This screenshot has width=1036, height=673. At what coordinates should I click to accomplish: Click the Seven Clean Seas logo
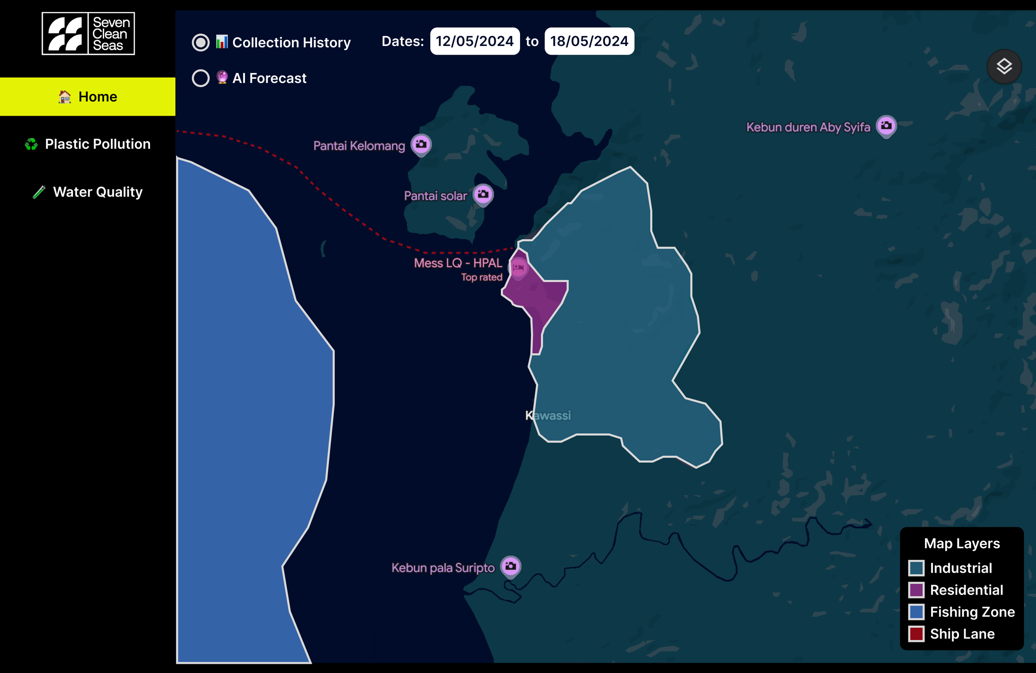point(88,34)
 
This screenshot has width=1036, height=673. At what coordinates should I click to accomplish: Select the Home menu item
point(87,97)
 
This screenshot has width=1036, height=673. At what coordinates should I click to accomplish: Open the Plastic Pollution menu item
point(87,144)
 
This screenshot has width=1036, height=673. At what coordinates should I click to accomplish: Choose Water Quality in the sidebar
point(87,192)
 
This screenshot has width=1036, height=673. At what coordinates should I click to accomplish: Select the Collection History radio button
point(201,42)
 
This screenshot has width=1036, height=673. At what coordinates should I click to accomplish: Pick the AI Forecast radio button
point(201,78)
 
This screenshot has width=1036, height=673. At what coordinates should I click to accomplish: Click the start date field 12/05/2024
point(474,41)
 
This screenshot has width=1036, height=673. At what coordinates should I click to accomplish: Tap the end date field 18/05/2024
point(589,41)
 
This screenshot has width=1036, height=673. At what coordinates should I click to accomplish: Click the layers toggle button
point(1004,67)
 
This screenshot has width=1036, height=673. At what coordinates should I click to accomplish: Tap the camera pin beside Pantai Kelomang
point(421,144)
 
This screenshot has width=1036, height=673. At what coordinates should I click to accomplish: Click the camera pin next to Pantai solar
point(483,194)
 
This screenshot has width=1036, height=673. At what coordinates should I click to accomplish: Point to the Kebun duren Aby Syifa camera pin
point(886,126)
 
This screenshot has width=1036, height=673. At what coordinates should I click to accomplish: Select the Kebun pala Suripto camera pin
point(511,566)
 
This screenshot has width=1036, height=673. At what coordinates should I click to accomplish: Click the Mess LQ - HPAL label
point(458,263)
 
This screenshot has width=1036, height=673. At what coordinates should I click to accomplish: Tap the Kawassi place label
point(548,415)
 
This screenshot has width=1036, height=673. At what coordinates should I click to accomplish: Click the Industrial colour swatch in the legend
point(916,568)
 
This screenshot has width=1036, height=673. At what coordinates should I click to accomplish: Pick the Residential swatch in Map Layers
point(916,590)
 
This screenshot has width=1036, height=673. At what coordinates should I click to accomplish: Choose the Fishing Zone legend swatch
point(916,612)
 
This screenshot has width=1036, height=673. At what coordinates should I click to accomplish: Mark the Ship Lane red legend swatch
point(916,634)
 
